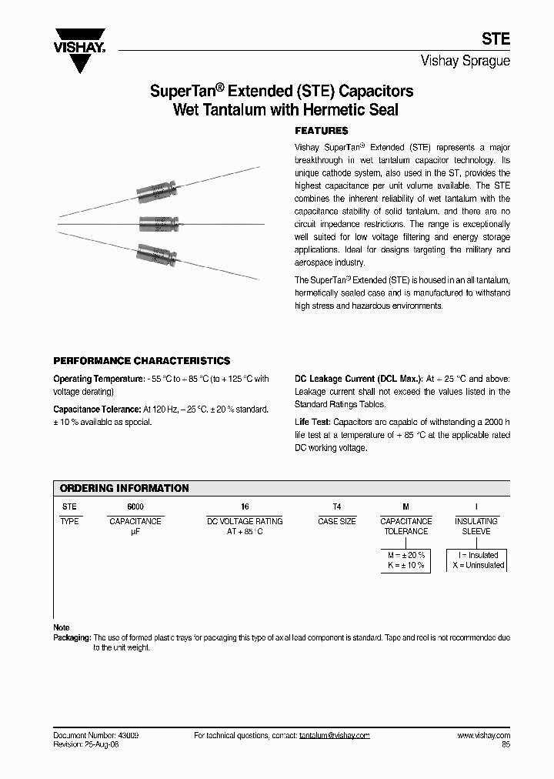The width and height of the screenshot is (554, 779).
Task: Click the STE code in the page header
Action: pos(496,38)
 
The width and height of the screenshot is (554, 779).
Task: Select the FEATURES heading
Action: pos(322,131)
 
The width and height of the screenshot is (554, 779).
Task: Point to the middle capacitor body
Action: pos(159,223)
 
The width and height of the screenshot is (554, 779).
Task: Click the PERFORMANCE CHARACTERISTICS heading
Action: pos(141,360)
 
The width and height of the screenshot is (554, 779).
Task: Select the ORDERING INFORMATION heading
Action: pos(124,488)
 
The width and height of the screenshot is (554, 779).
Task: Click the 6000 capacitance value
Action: pos(135,507)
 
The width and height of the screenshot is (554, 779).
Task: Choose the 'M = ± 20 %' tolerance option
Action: pos(405,555)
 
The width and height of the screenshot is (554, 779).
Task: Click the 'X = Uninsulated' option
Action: pos(477,565)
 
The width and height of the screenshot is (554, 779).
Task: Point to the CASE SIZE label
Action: pos(336,521)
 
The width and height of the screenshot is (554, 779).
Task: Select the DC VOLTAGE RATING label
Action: pos(245,521)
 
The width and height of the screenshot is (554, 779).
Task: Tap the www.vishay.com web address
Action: pos(483,735)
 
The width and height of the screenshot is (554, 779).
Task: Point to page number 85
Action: pos(505,744)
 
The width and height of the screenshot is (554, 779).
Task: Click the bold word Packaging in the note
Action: pos(72,637)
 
